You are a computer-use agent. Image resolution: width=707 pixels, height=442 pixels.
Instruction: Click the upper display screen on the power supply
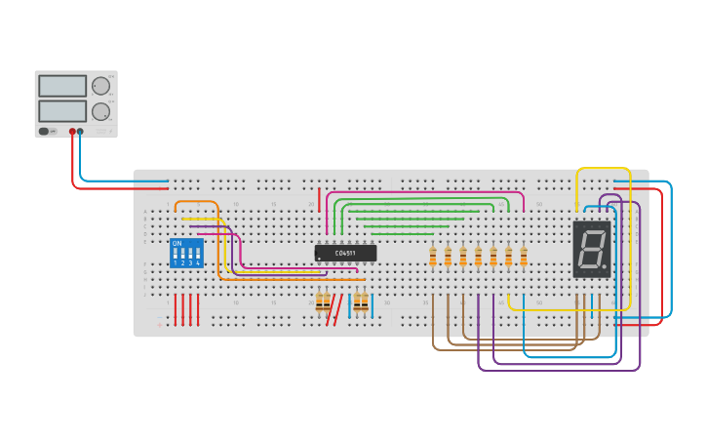62,86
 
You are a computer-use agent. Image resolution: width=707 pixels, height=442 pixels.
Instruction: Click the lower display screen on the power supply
62,110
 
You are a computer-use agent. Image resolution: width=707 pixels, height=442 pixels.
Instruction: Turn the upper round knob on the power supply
100,86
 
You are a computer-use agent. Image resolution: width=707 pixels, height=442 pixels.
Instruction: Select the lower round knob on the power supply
100,111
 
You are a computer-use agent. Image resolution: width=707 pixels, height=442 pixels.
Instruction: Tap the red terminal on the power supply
72,131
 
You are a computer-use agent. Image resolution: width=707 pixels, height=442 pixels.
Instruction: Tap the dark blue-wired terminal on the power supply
80,131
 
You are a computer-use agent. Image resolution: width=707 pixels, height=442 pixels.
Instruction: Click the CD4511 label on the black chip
345,253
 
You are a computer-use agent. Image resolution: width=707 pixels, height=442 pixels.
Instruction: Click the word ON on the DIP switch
177,243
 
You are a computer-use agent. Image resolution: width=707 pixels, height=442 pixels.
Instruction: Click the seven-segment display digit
590,249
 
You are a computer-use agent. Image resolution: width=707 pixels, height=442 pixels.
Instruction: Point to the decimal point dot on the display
605,266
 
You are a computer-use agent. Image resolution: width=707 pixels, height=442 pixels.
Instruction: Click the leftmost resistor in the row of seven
433,257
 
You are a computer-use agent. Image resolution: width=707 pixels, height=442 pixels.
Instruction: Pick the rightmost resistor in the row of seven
524,257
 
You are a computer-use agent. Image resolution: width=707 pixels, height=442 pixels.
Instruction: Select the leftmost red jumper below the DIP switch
176,309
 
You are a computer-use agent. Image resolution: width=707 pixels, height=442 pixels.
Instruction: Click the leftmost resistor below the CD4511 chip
319,303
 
